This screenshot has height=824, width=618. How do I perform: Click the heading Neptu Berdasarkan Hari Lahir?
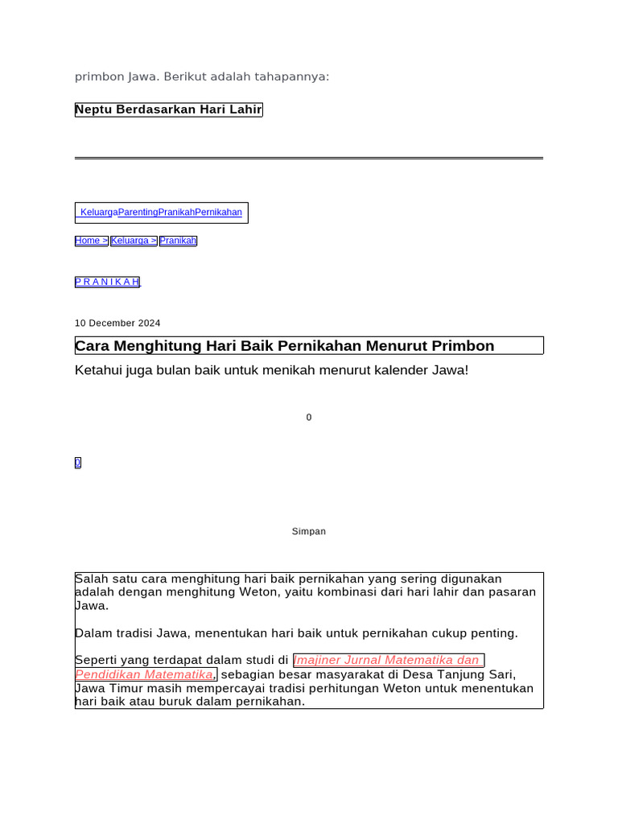168,109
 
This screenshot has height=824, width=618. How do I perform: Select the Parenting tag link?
138,212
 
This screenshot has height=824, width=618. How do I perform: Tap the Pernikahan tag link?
218,212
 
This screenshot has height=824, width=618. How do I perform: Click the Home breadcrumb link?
90,241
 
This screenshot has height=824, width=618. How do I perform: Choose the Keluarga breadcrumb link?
133,241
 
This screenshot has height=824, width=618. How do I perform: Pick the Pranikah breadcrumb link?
178,241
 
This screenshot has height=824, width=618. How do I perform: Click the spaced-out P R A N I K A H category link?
107,282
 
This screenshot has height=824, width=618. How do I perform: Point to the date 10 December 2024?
117,323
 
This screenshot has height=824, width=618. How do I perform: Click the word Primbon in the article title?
463,346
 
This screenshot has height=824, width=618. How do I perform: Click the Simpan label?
309,532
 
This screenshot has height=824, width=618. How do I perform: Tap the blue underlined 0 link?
78,463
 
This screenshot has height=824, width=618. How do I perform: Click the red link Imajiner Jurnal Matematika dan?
387,661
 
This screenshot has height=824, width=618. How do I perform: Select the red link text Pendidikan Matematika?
145,674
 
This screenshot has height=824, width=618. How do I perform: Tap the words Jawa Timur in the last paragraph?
106,689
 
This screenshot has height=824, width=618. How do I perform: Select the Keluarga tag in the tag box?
99,212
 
